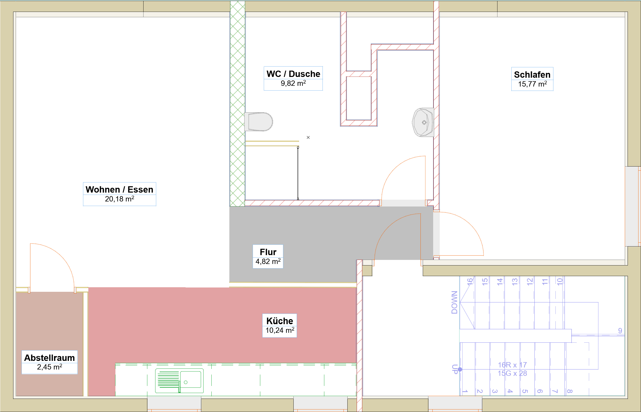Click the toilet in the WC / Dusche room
pos(258,122)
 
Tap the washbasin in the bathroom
pos(423,122)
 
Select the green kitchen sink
pos(179,381)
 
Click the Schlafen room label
pos(532,75)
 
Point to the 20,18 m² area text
pos(119,199)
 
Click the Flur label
pos(268,252)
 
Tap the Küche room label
pos(280,321)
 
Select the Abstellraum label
pos(50,358)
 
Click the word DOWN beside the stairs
pos(454,302)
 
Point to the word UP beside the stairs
pos(454,369)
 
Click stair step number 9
pos(620,331)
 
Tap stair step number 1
pos(465,392)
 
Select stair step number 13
pos(514,282)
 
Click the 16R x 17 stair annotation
pos(512,365)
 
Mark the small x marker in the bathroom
pos(308,137)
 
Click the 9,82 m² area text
pos(293,83)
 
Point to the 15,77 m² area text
pos(532,84)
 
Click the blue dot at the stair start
pos(460,369)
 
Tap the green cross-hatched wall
pos(237,104)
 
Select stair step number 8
pos(570,392)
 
